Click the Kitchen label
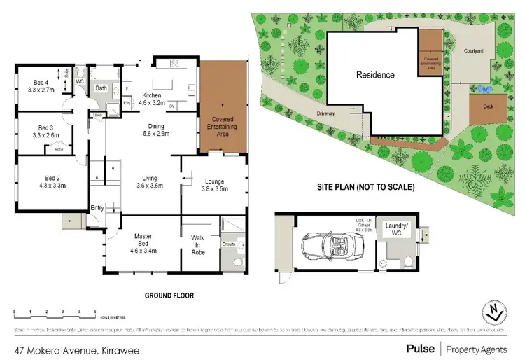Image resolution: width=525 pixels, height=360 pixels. [152, 95]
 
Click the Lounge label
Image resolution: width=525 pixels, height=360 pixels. [214, 181]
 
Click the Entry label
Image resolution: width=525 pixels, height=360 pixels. [97, 207]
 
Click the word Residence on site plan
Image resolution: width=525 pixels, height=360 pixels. [375, 75]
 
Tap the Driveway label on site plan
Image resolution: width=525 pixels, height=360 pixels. [325, 112]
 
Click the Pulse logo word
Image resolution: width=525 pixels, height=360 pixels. [419, 348]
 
